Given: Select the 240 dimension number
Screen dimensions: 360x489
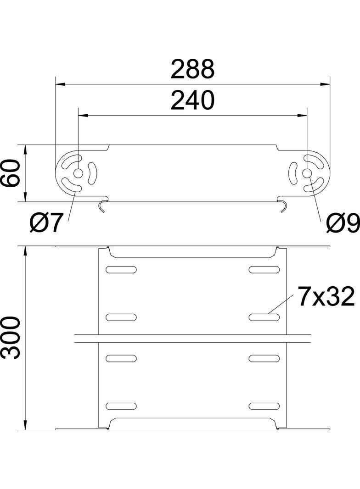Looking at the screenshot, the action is click(193, 100).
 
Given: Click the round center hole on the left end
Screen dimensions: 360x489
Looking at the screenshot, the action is click(78, 173).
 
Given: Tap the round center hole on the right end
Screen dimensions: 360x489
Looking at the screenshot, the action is click(307, 173).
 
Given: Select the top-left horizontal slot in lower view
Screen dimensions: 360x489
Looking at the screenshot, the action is click(121, 269).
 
